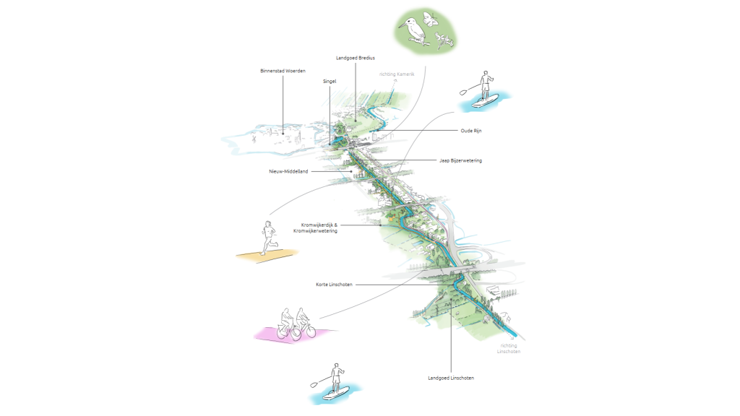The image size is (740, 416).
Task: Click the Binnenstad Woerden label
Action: (x=283, y=71)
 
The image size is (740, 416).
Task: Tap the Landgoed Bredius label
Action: (x=356, y=58)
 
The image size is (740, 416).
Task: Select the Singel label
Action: (x=330, y=82)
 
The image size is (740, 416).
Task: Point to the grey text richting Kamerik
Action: (x=397, y=74)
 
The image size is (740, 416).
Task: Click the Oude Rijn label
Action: (x=471, y=131)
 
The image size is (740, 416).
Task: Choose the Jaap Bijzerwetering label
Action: (x=460, y=161)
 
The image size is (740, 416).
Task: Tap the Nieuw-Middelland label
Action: (x=288, y=172)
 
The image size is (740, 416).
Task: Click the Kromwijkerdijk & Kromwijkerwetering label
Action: (x=315, y=228)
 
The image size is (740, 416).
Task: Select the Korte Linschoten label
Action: (x=334, y=285)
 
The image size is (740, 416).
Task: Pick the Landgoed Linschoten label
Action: (x=451, y=378)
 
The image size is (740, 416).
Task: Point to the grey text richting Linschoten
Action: (x=509, y=349)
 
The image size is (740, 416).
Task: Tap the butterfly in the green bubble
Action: (x=430, y=19)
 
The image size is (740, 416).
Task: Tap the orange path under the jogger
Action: (x=267, y=255)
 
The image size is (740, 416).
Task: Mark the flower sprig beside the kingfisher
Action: (x=444, y=40)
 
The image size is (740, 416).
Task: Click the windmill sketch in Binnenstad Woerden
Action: (x=254, y=139)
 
